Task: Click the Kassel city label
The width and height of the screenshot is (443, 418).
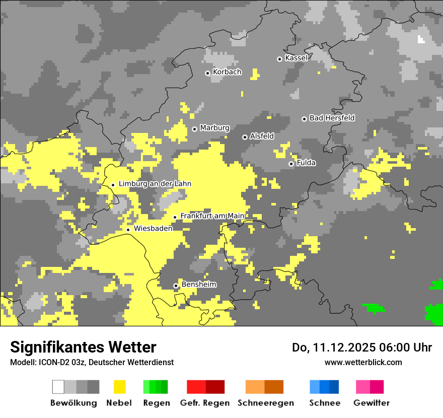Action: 296,58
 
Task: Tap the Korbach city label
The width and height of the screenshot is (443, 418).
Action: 227,72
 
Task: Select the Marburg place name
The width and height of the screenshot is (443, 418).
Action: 214,128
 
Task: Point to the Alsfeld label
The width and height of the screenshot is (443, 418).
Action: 262,136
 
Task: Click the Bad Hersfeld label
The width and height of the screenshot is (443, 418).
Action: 332,118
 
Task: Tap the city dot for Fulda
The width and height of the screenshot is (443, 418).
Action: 291,164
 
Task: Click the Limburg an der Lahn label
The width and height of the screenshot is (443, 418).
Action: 155,184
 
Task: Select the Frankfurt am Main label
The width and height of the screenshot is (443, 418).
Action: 212,216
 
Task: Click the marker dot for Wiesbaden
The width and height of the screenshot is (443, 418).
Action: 128,230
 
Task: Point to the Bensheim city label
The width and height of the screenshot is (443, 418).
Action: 199,285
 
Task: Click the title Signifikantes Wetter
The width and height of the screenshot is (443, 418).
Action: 83,347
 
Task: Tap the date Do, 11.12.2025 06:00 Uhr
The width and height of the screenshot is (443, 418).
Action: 362,347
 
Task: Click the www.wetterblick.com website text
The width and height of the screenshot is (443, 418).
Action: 363,362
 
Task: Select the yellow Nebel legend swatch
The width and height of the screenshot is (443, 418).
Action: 119,387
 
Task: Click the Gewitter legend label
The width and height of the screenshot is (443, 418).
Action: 372,403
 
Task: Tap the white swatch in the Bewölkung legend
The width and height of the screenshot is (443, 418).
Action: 58,387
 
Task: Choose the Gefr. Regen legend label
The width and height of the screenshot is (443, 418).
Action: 205,403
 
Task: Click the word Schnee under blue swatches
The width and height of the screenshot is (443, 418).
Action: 325,403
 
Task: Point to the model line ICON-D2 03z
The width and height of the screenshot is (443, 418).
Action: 92,362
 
